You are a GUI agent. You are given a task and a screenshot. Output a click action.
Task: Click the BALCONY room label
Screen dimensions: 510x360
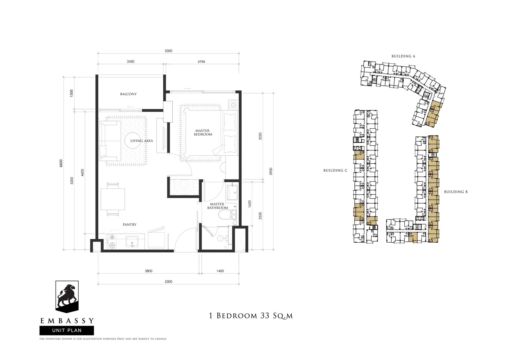pyautogui.click(x=128, y=94)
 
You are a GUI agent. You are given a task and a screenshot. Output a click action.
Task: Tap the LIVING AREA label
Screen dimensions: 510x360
pyautogui.click(x=141, y=141)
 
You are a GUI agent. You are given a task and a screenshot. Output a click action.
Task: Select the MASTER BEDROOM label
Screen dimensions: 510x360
pyautogui.click(x=203, y=133)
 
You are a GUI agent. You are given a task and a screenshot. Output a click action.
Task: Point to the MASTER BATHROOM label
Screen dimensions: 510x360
pyautogui.click(x=217, y=206)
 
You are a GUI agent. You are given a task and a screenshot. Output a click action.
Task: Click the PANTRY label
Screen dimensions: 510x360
pyautogui.click(x=130, y=224)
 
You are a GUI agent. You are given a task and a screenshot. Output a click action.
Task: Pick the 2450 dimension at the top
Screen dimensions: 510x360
pyautogui.click(x=131, y=61)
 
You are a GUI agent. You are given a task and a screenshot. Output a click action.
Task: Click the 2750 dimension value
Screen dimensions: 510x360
pyautogui.click(x=201, y=61)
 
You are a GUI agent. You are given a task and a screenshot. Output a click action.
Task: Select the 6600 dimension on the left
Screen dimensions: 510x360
pyautogui.click(x=61, y=163)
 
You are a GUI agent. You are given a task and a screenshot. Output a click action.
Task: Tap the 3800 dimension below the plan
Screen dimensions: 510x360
pyautogui.click(x=148, y=271)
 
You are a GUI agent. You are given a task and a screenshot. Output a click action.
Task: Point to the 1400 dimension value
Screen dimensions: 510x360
pyautogui.click(x=220, y=271)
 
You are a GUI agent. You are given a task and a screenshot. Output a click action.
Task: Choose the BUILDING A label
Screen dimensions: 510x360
pyautogui.click(x=403, y=56)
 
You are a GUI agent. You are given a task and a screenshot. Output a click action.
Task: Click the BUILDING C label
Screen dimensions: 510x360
pyautogui.click(x=335, y=170)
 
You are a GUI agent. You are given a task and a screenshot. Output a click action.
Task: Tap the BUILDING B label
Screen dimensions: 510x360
pyautogui.click(x=456, y=192)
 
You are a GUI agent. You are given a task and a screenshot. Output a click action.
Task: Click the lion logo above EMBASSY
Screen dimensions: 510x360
pyautogui.click(x=67, y=297)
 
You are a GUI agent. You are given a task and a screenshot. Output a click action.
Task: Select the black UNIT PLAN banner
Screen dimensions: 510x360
pyautogui.click(x=67, y=331)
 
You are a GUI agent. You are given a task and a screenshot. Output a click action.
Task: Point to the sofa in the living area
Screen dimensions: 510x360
pyautogui.click(x=110, y=141)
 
